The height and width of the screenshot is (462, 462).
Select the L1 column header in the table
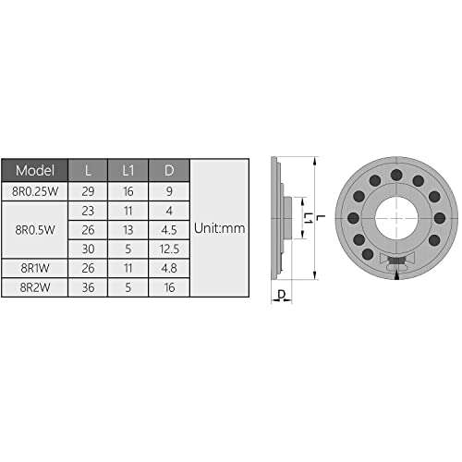click(x=128, y=171)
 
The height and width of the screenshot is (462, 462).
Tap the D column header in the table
click(x=168, y=171)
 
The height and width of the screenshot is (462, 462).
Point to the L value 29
click(x=88, y=191)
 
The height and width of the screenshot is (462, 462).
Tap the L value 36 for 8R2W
click(x=88, y=286)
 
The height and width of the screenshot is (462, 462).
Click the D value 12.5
click(x=168, y=249)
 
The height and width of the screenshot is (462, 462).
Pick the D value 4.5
click(x=168, y=229)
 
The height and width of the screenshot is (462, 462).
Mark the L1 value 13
click(x=128, y=229)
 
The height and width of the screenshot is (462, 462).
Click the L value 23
click(x=88, y=210)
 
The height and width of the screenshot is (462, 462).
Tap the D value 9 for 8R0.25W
click(x=168, y=191)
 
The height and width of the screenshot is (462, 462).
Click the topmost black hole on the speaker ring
click(x=395, y=175)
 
